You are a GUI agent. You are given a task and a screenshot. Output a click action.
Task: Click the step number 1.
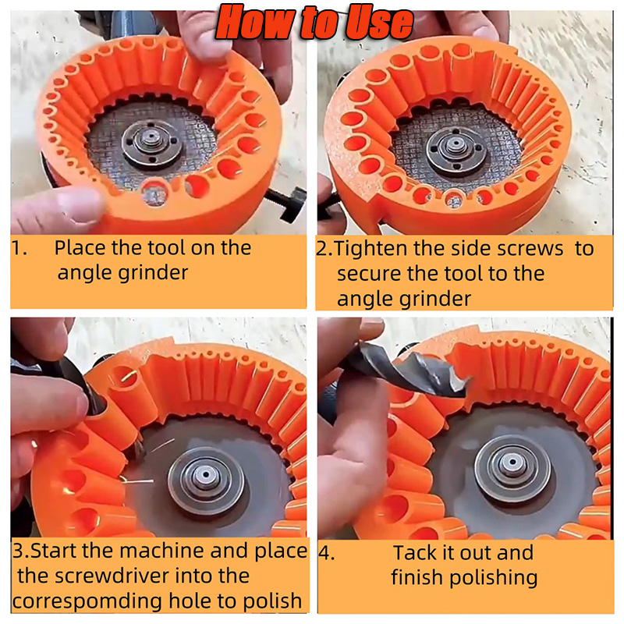(x=18, y=249)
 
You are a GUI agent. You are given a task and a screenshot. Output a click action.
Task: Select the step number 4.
(x=326, y=553)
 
